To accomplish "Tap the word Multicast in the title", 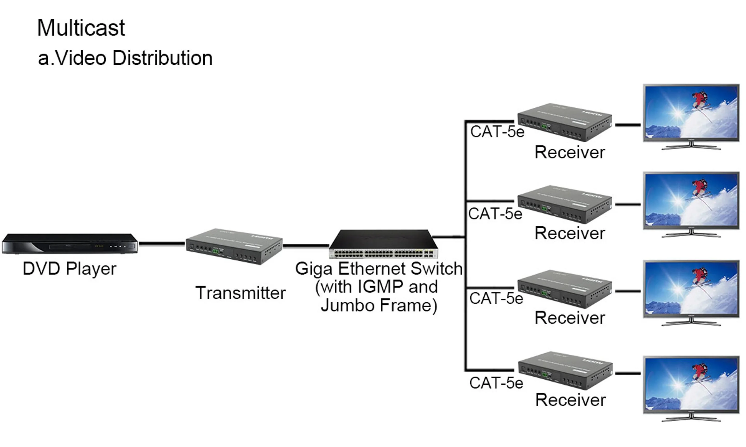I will point(81,28).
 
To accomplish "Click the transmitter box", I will point(234,246).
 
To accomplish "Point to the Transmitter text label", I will point(240,293).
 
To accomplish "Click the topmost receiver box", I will point(564,122).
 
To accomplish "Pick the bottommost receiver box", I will point(565,370).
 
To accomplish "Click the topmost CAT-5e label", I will point(497,132).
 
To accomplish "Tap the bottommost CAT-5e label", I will point(496,383).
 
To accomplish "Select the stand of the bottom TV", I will point(691,418).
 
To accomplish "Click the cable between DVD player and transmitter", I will point(162,243).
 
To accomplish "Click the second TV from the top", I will point(691,200).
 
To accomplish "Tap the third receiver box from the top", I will point(564,289).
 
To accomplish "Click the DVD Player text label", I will point(69,269).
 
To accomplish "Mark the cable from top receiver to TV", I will point(628,125).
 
